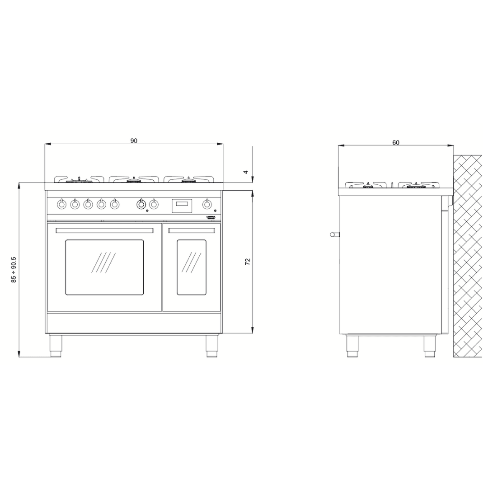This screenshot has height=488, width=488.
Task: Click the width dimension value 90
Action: tap(134, 141)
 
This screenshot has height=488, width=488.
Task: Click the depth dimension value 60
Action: tap(396, 142)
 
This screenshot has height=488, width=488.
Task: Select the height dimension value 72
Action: tap(248, 262)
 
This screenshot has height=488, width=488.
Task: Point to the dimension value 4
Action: tap(246, 172)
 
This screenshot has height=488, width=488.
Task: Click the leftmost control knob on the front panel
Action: tap(62, 204)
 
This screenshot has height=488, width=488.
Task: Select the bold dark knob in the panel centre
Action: tap(141, 204)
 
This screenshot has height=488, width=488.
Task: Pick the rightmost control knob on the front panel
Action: tap(207, 204)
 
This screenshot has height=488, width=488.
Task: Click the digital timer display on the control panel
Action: tap(182, 206)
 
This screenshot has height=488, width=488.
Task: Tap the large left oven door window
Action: tap(104, 267)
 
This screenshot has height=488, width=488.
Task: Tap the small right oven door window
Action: tap(191, 267)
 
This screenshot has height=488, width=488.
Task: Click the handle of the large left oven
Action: tap(104, 230)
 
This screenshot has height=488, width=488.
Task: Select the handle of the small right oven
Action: tap(191, 230)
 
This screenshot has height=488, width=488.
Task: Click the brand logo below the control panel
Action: tap(211, 217)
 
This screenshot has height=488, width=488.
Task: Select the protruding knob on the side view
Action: tap(334, 234)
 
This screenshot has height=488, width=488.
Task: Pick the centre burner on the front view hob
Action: tap(133, 180)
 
